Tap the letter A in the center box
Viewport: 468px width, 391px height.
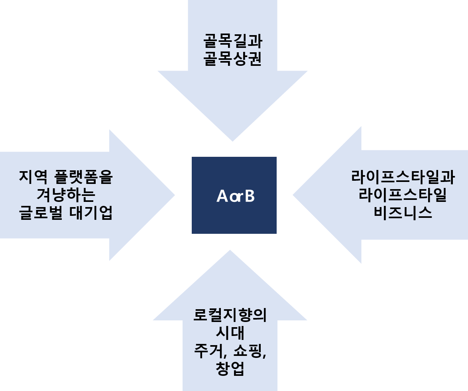point(222,196)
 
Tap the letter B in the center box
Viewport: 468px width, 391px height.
point(249,196)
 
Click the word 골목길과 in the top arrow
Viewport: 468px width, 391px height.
point(233,41)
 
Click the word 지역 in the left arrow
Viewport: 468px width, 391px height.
point(33,177)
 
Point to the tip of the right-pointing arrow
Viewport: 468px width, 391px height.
point(174,195)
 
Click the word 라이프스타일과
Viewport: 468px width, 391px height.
point(403,177)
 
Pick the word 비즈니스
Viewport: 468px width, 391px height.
point(403,213)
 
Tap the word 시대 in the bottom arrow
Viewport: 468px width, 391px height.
point(230,333)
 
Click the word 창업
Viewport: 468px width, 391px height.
point(230,369)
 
